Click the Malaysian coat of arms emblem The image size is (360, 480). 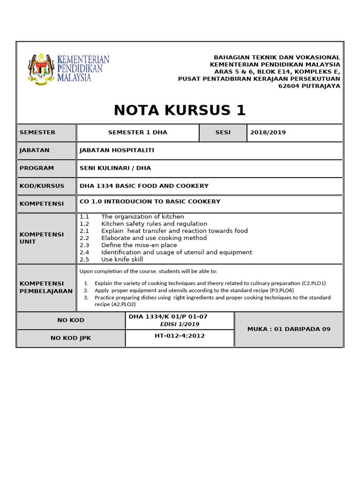(41, 68)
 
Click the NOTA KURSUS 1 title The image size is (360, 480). (180, 110)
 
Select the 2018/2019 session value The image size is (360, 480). (268, 133)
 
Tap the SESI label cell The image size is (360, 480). (223, 133)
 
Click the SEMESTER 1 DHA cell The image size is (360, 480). (137, 133)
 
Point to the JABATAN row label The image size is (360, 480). (34, 150)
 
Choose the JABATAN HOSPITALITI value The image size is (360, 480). (117, 150)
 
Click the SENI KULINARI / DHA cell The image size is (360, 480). (115, 168)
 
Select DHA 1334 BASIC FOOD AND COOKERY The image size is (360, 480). (144, 186)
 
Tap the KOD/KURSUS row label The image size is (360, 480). (42, 186)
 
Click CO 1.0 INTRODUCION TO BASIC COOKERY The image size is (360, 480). (150, 202)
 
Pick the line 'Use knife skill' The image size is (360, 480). (122, 260)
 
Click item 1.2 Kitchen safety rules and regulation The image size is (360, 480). (154, 224)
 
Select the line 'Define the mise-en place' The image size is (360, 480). (139, 245)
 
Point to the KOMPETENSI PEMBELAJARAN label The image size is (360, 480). (45, 287)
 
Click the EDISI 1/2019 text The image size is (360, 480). (180, 324)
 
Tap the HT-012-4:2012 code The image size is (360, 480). (180, 336)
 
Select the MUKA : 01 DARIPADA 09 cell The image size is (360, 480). (289, 329)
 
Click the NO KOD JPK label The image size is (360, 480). (70, 338)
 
